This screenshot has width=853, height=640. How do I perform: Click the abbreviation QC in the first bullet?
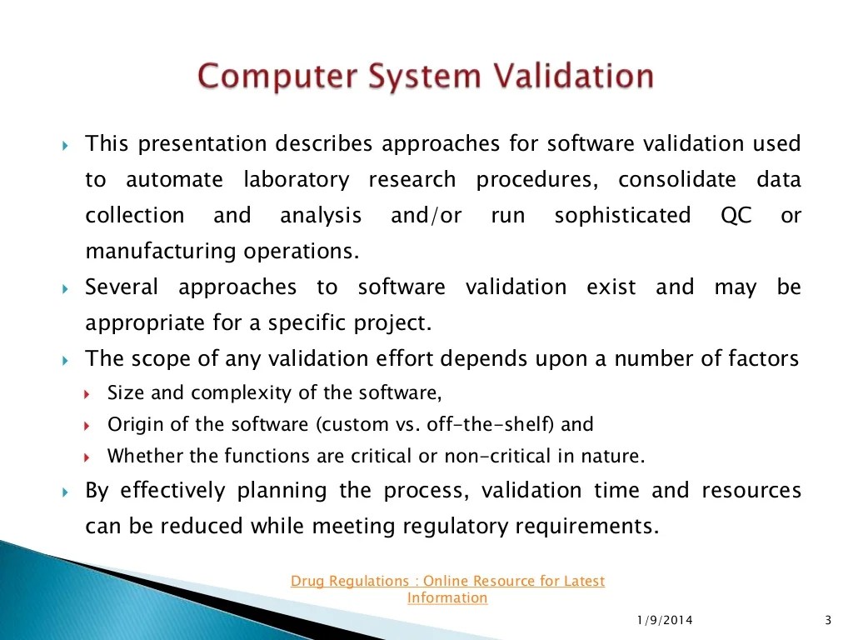(736, 216)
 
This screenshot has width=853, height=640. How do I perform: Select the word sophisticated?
(622, 216)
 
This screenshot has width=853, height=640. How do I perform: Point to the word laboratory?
(296, 180)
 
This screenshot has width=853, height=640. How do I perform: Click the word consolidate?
(677, 180)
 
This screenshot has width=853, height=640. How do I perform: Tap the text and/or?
(426, 216)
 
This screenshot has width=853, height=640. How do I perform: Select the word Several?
(122, 287)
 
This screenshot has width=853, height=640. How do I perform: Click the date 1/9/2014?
(664, 619)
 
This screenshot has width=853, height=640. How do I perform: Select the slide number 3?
(827, 619)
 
